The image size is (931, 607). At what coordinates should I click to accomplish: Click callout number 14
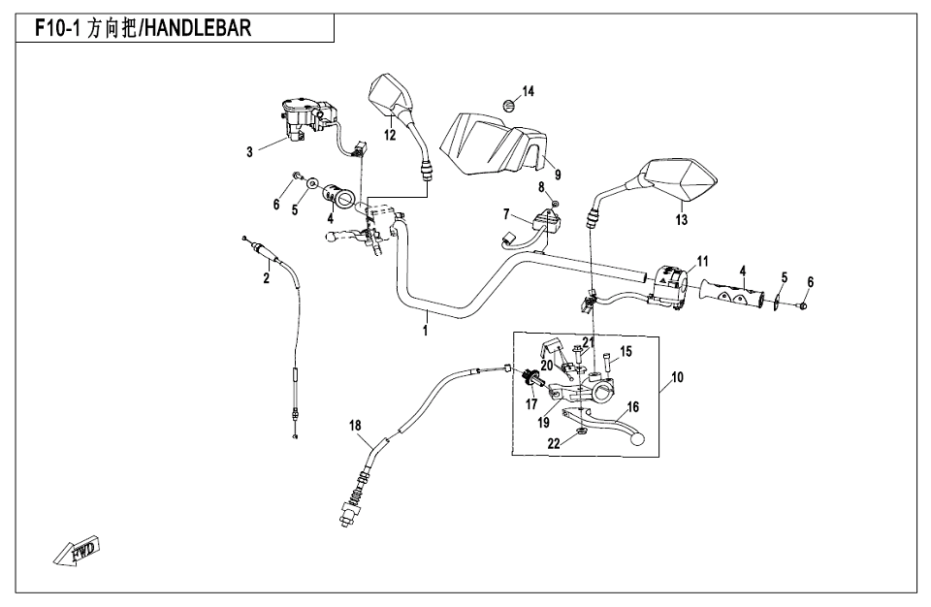528,91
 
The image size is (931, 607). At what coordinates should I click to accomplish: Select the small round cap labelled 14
508,104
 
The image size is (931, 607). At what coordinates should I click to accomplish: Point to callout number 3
249,151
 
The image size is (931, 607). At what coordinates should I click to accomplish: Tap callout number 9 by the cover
558,176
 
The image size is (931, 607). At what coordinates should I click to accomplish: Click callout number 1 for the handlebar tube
424,331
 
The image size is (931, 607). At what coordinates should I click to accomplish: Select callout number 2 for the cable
267,279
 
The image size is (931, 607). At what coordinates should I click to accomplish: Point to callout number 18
355,425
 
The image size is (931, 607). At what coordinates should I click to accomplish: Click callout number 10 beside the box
677,376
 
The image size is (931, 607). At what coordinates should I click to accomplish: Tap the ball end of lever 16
636,439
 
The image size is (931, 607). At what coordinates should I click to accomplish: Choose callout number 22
552,443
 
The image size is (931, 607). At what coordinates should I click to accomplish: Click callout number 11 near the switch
702,261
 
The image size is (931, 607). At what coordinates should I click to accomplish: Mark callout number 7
505,212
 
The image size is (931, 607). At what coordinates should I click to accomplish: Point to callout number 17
531,403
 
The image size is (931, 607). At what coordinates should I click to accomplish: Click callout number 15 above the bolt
626,351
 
